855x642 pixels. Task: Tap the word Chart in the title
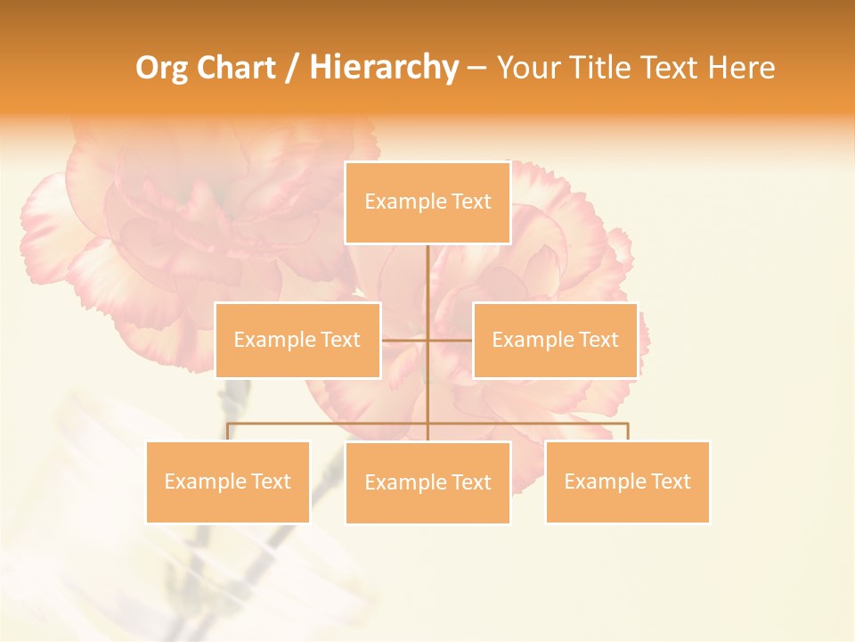(237, 69)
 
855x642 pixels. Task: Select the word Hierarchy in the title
(383, 69)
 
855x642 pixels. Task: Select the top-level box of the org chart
(427, 202)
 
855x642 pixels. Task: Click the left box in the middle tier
(297, 340)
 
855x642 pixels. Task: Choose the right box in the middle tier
(555, 340)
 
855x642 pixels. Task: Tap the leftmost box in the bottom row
(228, 481)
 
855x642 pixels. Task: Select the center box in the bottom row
(427, 482)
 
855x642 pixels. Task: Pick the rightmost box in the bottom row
(627, 481)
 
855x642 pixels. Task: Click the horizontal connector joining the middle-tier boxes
(405, 340)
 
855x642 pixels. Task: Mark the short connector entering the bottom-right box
(627, 432)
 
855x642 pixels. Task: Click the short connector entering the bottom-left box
(228, 432)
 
